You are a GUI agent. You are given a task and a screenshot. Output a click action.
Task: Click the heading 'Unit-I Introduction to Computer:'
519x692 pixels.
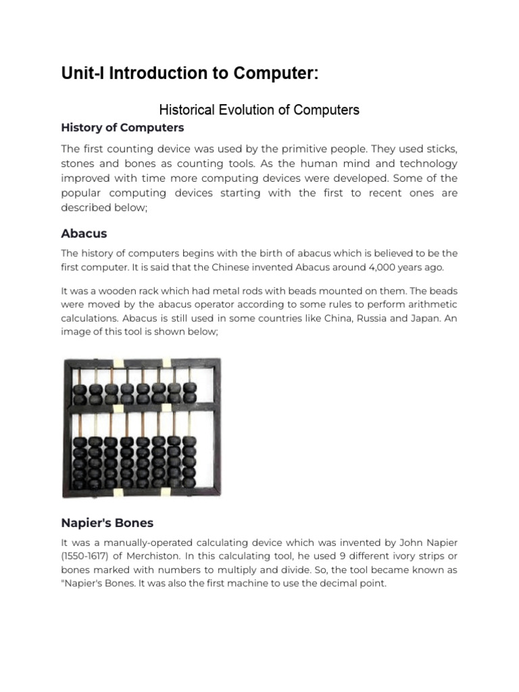click(x=189, y=74)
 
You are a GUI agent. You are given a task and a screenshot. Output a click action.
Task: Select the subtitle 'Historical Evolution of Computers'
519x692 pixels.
click(x=259, y=109)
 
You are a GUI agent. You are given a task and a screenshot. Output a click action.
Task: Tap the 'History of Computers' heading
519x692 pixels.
click(x=122, y=128)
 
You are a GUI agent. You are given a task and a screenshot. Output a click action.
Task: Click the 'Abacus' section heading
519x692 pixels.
click(x=84, y=234)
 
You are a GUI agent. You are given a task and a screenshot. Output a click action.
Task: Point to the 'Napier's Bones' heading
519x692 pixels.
click(x=107, y=522)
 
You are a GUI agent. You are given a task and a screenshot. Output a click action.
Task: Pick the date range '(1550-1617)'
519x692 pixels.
click(x=89, y=557)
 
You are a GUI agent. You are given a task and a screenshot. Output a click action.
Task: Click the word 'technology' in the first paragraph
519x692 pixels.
click(x=424, y=164)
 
